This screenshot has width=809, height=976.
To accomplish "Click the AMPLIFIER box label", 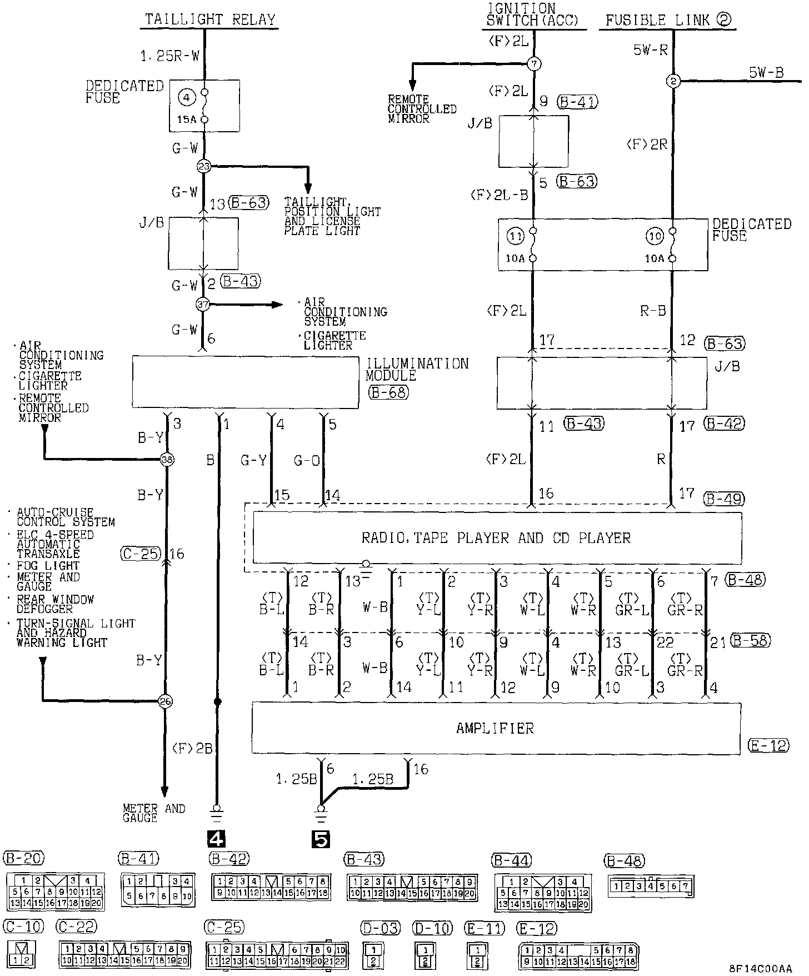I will pos(495,728).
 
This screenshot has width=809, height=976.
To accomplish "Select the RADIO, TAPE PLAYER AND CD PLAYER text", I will pos(496,538).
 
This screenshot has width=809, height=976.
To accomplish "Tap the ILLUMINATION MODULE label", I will pos(417,370).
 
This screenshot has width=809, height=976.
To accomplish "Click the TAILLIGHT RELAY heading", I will pos(210,20).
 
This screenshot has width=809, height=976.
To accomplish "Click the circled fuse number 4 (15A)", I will pos(187,98).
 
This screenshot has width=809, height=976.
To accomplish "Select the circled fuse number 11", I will pos(515,236).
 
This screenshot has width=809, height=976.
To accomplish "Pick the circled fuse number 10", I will pos(655,236).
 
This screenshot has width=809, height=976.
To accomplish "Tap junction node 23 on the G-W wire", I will pos(204,166).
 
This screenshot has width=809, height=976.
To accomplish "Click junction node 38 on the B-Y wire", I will pos(166,460).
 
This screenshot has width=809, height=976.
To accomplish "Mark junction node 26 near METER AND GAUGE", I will pos(165,701).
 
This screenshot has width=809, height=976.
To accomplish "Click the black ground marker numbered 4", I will pos(216,837).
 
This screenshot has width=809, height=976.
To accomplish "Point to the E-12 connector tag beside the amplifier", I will pos(768,745).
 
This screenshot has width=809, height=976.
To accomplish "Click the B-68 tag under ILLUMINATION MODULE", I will pos(388,392).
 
